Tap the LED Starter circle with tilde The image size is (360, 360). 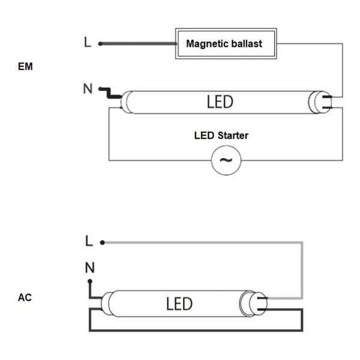226,160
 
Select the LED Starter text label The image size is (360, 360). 221,136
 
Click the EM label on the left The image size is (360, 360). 25,67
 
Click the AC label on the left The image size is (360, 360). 25,297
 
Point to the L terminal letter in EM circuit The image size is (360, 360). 88,43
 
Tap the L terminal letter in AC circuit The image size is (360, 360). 89,241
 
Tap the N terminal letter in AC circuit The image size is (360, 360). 89,268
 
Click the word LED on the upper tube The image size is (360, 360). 220,102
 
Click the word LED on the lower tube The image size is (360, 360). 179,304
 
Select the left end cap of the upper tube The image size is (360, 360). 128,102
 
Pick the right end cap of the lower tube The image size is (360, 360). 249,302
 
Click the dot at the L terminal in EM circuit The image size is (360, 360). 100,43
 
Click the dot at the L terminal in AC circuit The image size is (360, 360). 103,242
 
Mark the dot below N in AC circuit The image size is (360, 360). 90,281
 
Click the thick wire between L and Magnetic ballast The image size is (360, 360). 138,43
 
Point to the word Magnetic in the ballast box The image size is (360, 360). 206,44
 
